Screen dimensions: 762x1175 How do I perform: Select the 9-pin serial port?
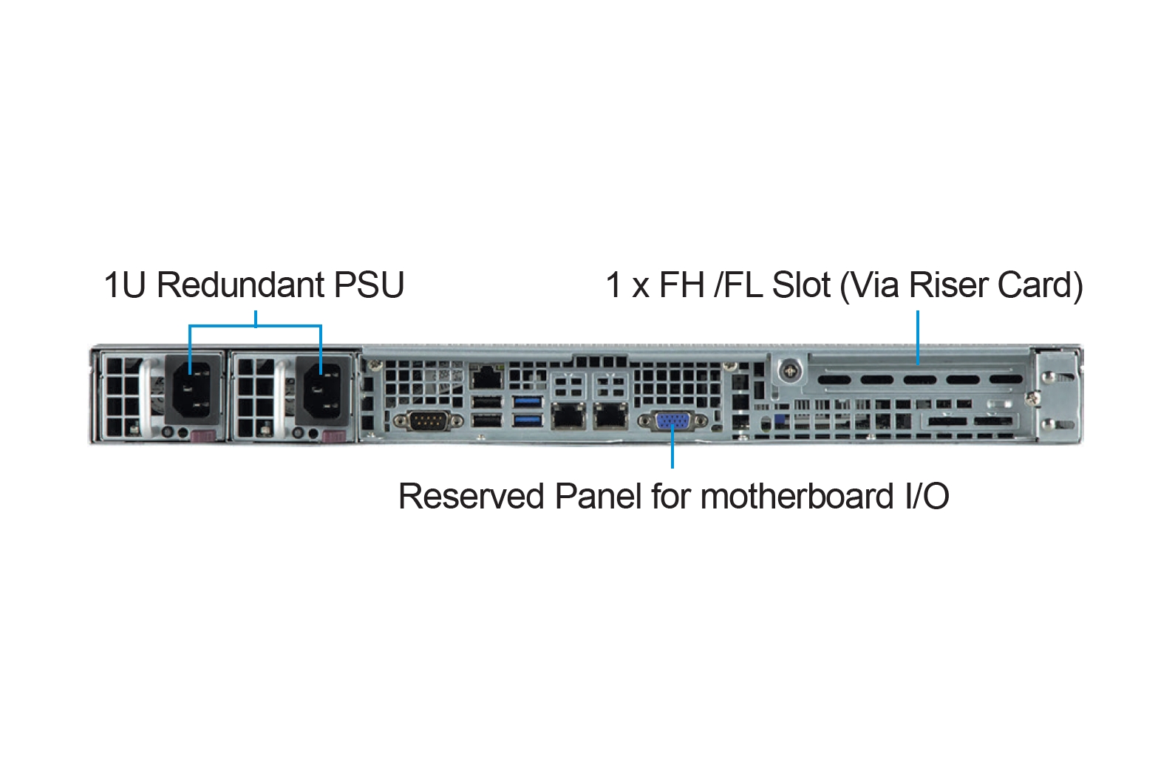(x=429, y=421)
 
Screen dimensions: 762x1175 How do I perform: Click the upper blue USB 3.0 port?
(x=528, y=402)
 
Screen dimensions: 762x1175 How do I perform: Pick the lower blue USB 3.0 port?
(x=528, y=421)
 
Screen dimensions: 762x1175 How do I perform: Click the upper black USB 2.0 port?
(x=486, y=402)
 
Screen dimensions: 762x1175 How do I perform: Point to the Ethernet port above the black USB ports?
(x=486, y=378)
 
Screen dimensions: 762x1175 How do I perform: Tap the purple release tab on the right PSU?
(x=334, y=436)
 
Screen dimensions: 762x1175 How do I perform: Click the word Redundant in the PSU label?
(x=240, y=285)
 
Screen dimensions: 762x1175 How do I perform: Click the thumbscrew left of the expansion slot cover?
(x=790, y=370)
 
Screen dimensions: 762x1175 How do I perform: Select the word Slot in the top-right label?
(x=801, y=285)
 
